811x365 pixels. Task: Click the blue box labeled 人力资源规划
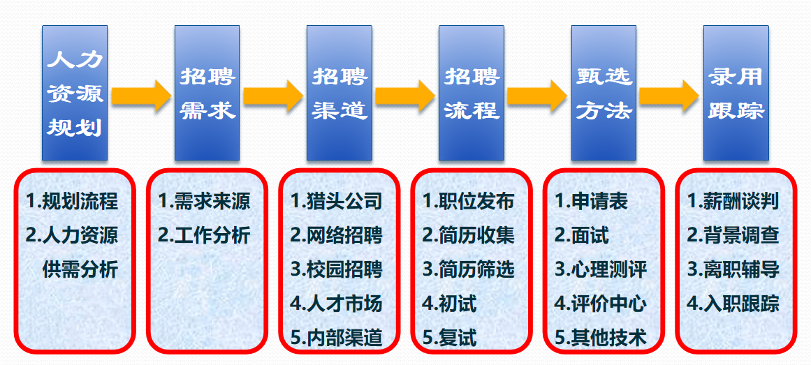[75, 93]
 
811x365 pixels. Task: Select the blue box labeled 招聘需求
[207, 93]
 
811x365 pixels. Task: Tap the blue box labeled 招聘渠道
[339, 93]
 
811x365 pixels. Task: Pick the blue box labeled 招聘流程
[472, 93]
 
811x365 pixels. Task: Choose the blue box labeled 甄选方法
[604, 93]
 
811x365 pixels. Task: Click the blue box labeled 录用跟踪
[736, 93]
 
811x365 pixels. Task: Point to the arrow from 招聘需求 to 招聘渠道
[273, 95]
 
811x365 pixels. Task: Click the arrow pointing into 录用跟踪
[669, 95]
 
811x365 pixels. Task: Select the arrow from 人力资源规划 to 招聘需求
[141, 95]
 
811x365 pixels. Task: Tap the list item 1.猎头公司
[336, 201]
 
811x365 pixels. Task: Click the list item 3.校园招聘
[336, 269]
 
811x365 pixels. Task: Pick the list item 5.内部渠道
[336, 338]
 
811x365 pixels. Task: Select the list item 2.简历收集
[469, 235]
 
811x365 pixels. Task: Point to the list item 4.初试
[449, 304]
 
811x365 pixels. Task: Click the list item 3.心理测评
[601, 269]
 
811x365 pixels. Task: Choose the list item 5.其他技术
[601, 338]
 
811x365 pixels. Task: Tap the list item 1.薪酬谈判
[733, 201]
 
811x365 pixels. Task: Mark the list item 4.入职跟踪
[733, 304]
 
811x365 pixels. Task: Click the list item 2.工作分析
[204, 235]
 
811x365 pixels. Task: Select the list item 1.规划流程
[72, 201]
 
